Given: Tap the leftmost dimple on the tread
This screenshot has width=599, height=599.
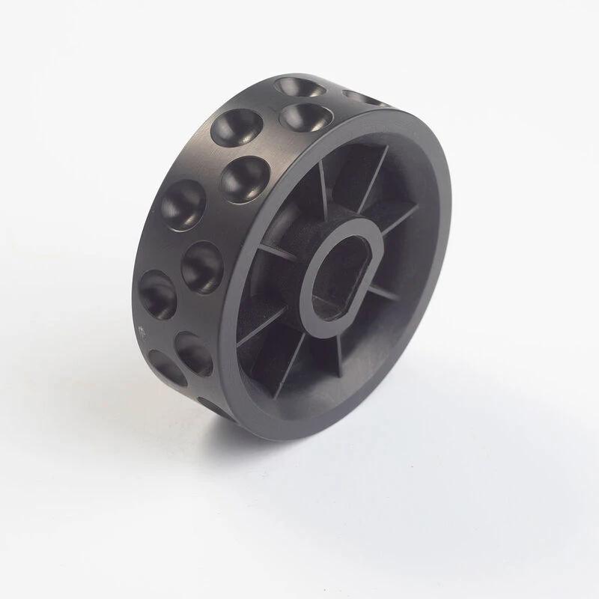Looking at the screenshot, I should (156, 292).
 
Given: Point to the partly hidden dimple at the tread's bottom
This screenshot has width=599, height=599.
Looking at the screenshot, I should (210, 405).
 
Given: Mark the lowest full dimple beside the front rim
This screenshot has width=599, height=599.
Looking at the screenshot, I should (194, 353).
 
